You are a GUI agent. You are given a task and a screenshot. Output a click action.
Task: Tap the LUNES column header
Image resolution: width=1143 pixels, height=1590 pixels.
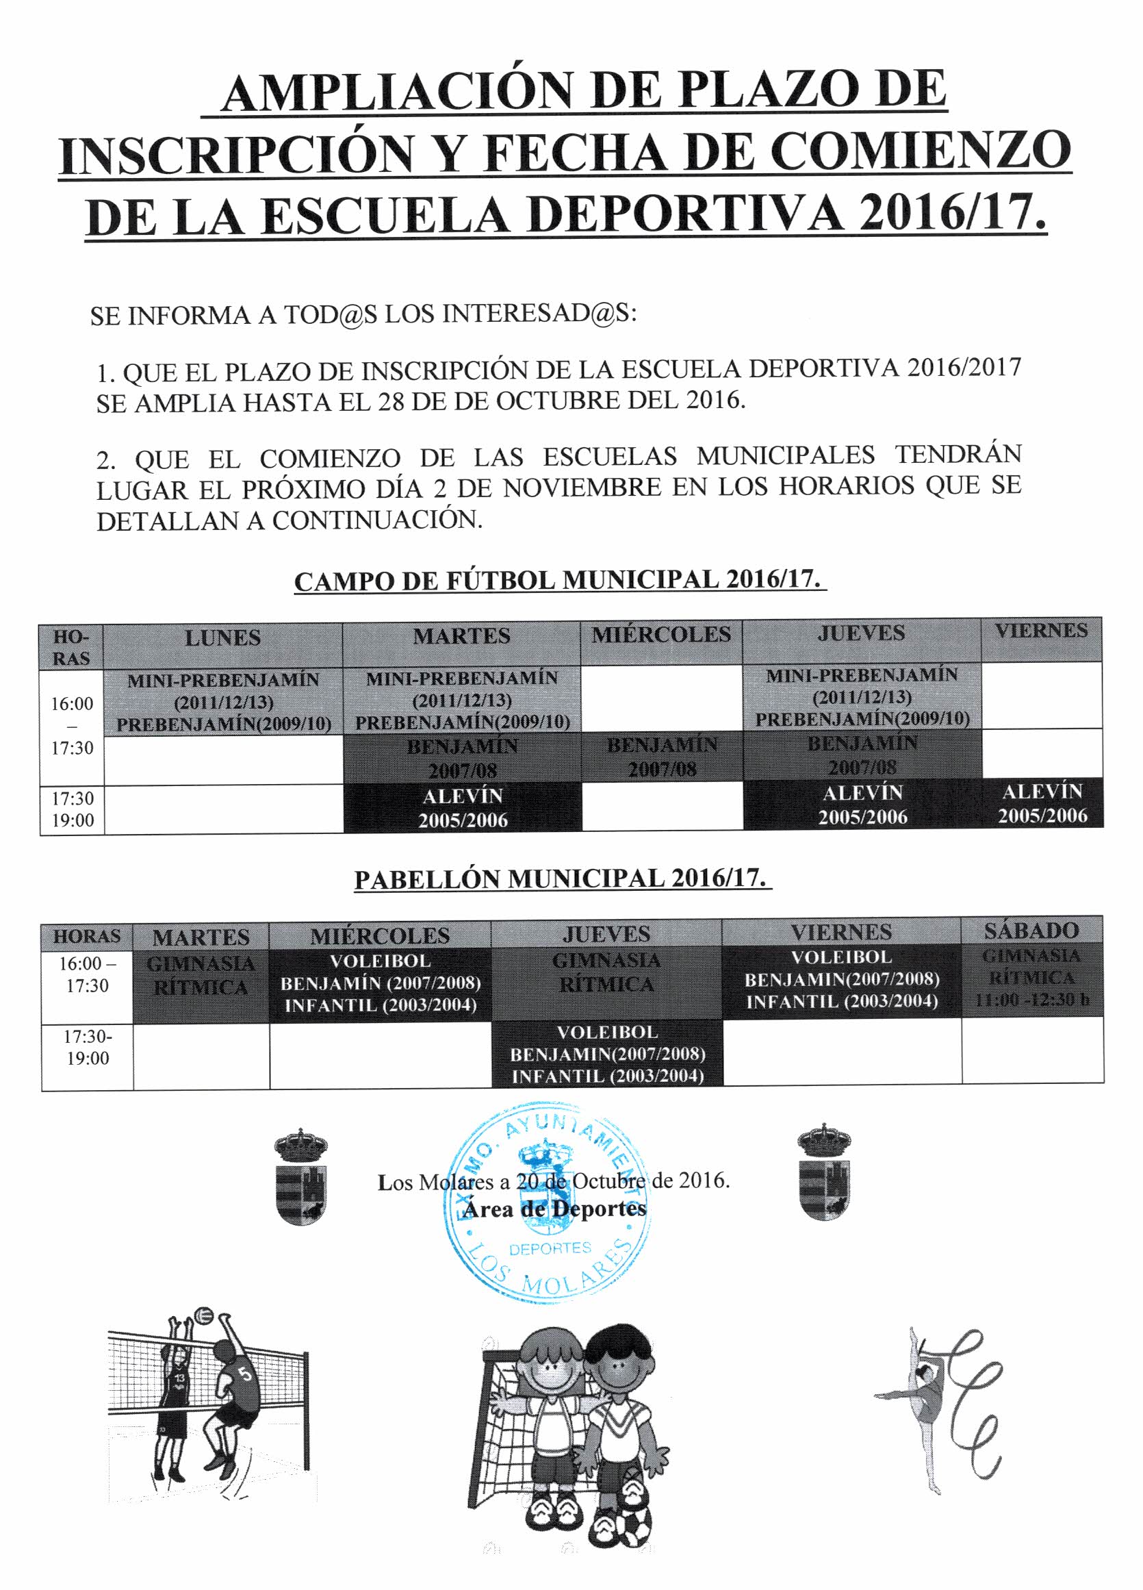coord(223,638)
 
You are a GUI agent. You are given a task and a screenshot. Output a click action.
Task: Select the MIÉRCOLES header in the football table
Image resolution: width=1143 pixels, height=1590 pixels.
coord(661,635)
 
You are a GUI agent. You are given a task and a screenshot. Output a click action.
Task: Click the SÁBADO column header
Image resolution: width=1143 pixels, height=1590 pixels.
coord(1031,931)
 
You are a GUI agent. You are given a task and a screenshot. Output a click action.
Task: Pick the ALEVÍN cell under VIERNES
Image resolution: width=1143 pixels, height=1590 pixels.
coord(1042,803)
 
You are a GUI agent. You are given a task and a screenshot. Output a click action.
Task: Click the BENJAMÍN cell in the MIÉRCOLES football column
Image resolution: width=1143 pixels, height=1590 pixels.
coord(662,757)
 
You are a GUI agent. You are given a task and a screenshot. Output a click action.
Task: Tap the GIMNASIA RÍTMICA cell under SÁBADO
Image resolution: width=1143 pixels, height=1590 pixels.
coord(1031,977)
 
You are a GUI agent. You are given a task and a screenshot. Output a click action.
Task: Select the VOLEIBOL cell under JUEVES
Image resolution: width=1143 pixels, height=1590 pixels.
coord(607,1054)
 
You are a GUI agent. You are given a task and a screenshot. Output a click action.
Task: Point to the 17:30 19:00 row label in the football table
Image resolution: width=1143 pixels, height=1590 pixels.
coord(72,809)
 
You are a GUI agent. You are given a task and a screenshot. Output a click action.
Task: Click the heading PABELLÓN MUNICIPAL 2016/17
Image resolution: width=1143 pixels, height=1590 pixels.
coord(560,879)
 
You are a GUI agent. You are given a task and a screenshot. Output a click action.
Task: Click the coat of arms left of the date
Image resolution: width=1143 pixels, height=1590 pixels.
coord(300,1177)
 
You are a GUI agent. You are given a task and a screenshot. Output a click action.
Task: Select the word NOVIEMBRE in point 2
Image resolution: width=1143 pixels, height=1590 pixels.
coord(582,488)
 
